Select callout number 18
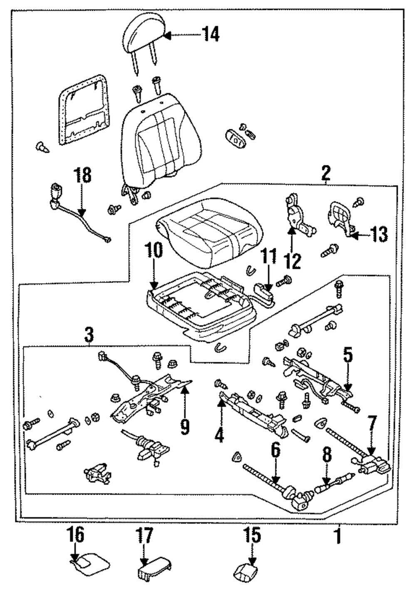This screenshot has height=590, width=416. [x=83, y=175]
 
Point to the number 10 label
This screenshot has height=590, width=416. [x=154, y=251]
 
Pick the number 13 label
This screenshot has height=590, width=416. [x=379, y=235]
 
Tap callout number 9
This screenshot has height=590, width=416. [x=184, y=426]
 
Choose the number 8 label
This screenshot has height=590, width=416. [x=327, y=457]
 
